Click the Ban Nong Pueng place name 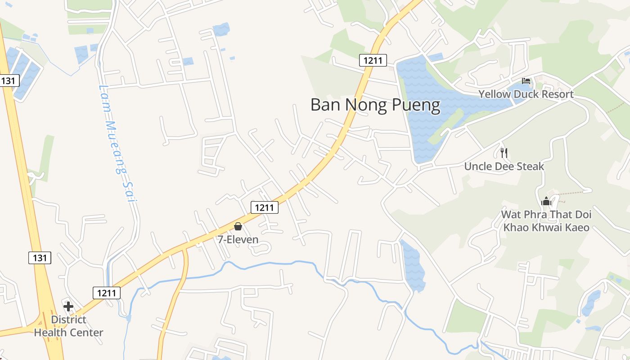point(375,105)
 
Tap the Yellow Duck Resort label point(526,94)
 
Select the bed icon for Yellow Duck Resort point(526,81)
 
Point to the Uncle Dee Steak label point(504,166)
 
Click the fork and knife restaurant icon point(504,153)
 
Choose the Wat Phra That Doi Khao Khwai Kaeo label point(546,220)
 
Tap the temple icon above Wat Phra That point(546,201)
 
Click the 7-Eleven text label point(238,239)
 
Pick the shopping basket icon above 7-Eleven point(238,226)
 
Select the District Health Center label point(68,326)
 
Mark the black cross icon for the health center point(68,306)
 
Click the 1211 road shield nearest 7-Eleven point(264,207)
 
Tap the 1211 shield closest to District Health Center point(107,293)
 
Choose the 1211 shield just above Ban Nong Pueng point(373,60)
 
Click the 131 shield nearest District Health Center point(40,258)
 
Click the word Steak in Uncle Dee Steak point(530,166)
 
